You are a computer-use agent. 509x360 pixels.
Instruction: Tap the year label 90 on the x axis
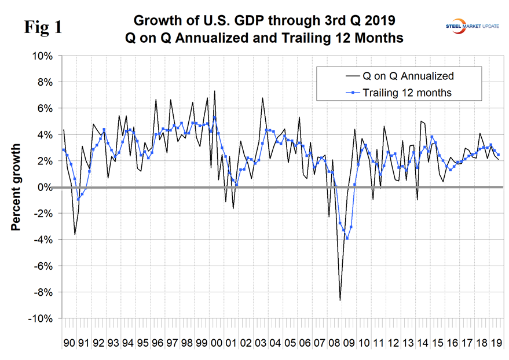[69, 343]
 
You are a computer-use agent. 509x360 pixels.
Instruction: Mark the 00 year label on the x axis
[215, 343]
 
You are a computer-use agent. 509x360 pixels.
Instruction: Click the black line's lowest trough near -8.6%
[340, 300]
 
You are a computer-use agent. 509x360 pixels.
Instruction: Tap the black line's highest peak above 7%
[215, 91]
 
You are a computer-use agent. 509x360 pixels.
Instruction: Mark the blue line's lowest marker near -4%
[347, 238]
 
